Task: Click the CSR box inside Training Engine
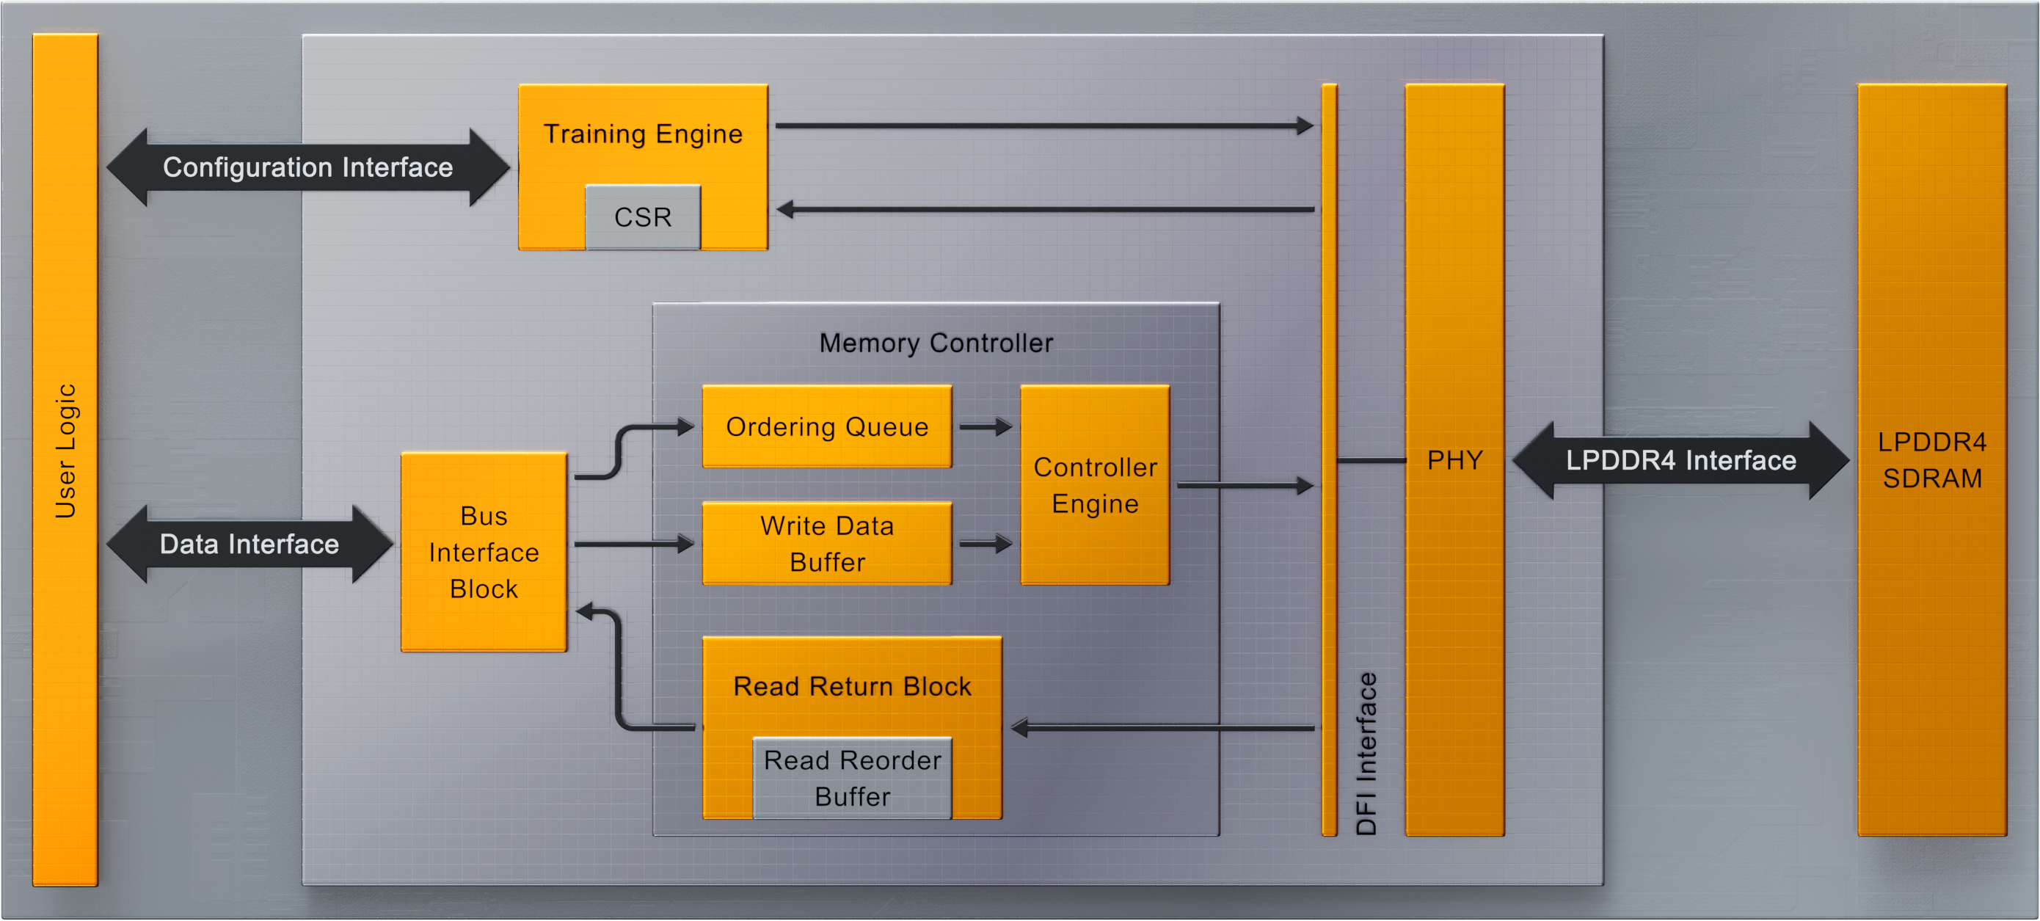pos(642,217)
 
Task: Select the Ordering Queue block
pos(827,427)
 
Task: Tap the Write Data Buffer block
pos(827,544)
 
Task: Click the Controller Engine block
pos(1094,485)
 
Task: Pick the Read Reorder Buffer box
pos(852,779)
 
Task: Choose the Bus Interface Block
pos(484,552)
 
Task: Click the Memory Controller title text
pos(936,343)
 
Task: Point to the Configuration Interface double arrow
pos(308,167)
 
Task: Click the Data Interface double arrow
pos(249,544)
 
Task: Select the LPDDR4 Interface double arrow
pos(1680,460)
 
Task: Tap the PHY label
pos(1454,460)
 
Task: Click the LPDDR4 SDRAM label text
pos(1931,460)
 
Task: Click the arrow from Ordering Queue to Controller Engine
pos(986,427)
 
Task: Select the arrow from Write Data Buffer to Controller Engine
pos(986,544)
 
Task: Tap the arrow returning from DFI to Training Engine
pos(1046,210)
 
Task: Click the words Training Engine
pos(642,134)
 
